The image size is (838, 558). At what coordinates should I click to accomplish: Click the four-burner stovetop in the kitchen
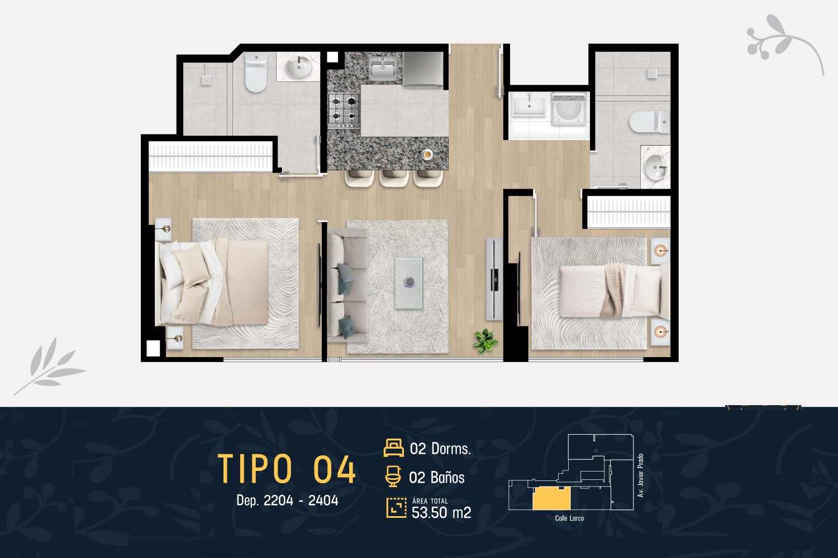coord(344,110)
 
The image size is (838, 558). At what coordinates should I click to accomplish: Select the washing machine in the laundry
coord(568,109)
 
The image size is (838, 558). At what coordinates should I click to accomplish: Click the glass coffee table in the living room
coord(409,283)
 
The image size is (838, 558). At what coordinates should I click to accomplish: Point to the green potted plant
coord(485,340)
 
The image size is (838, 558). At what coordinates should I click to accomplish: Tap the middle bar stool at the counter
coord(394,178)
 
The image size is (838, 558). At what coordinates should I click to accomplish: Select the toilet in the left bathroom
coord(256,72)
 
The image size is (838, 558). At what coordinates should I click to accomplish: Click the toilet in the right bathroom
coord(649,122)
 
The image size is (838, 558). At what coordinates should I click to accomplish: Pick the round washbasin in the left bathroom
coord(298,67)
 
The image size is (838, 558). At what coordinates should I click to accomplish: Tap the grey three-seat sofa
coord(347,286)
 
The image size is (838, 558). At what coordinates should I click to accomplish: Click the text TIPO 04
coord(287,469)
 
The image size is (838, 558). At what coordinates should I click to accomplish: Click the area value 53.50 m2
coord(441,512)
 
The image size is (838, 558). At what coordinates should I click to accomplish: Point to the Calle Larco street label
coord(569,518)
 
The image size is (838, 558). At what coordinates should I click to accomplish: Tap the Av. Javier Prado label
coord(640,475)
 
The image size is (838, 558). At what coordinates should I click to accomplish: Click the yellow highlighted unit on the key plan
coord(551,499)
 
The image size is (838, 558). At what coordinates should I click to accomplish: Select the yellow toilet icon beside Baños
coord(393,477)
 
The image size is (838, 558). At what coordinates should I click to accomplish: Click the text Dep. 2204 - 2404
coord(287,500)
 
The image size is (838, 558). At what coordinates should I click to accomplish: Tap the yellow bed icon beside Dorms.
coord(393,448)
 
